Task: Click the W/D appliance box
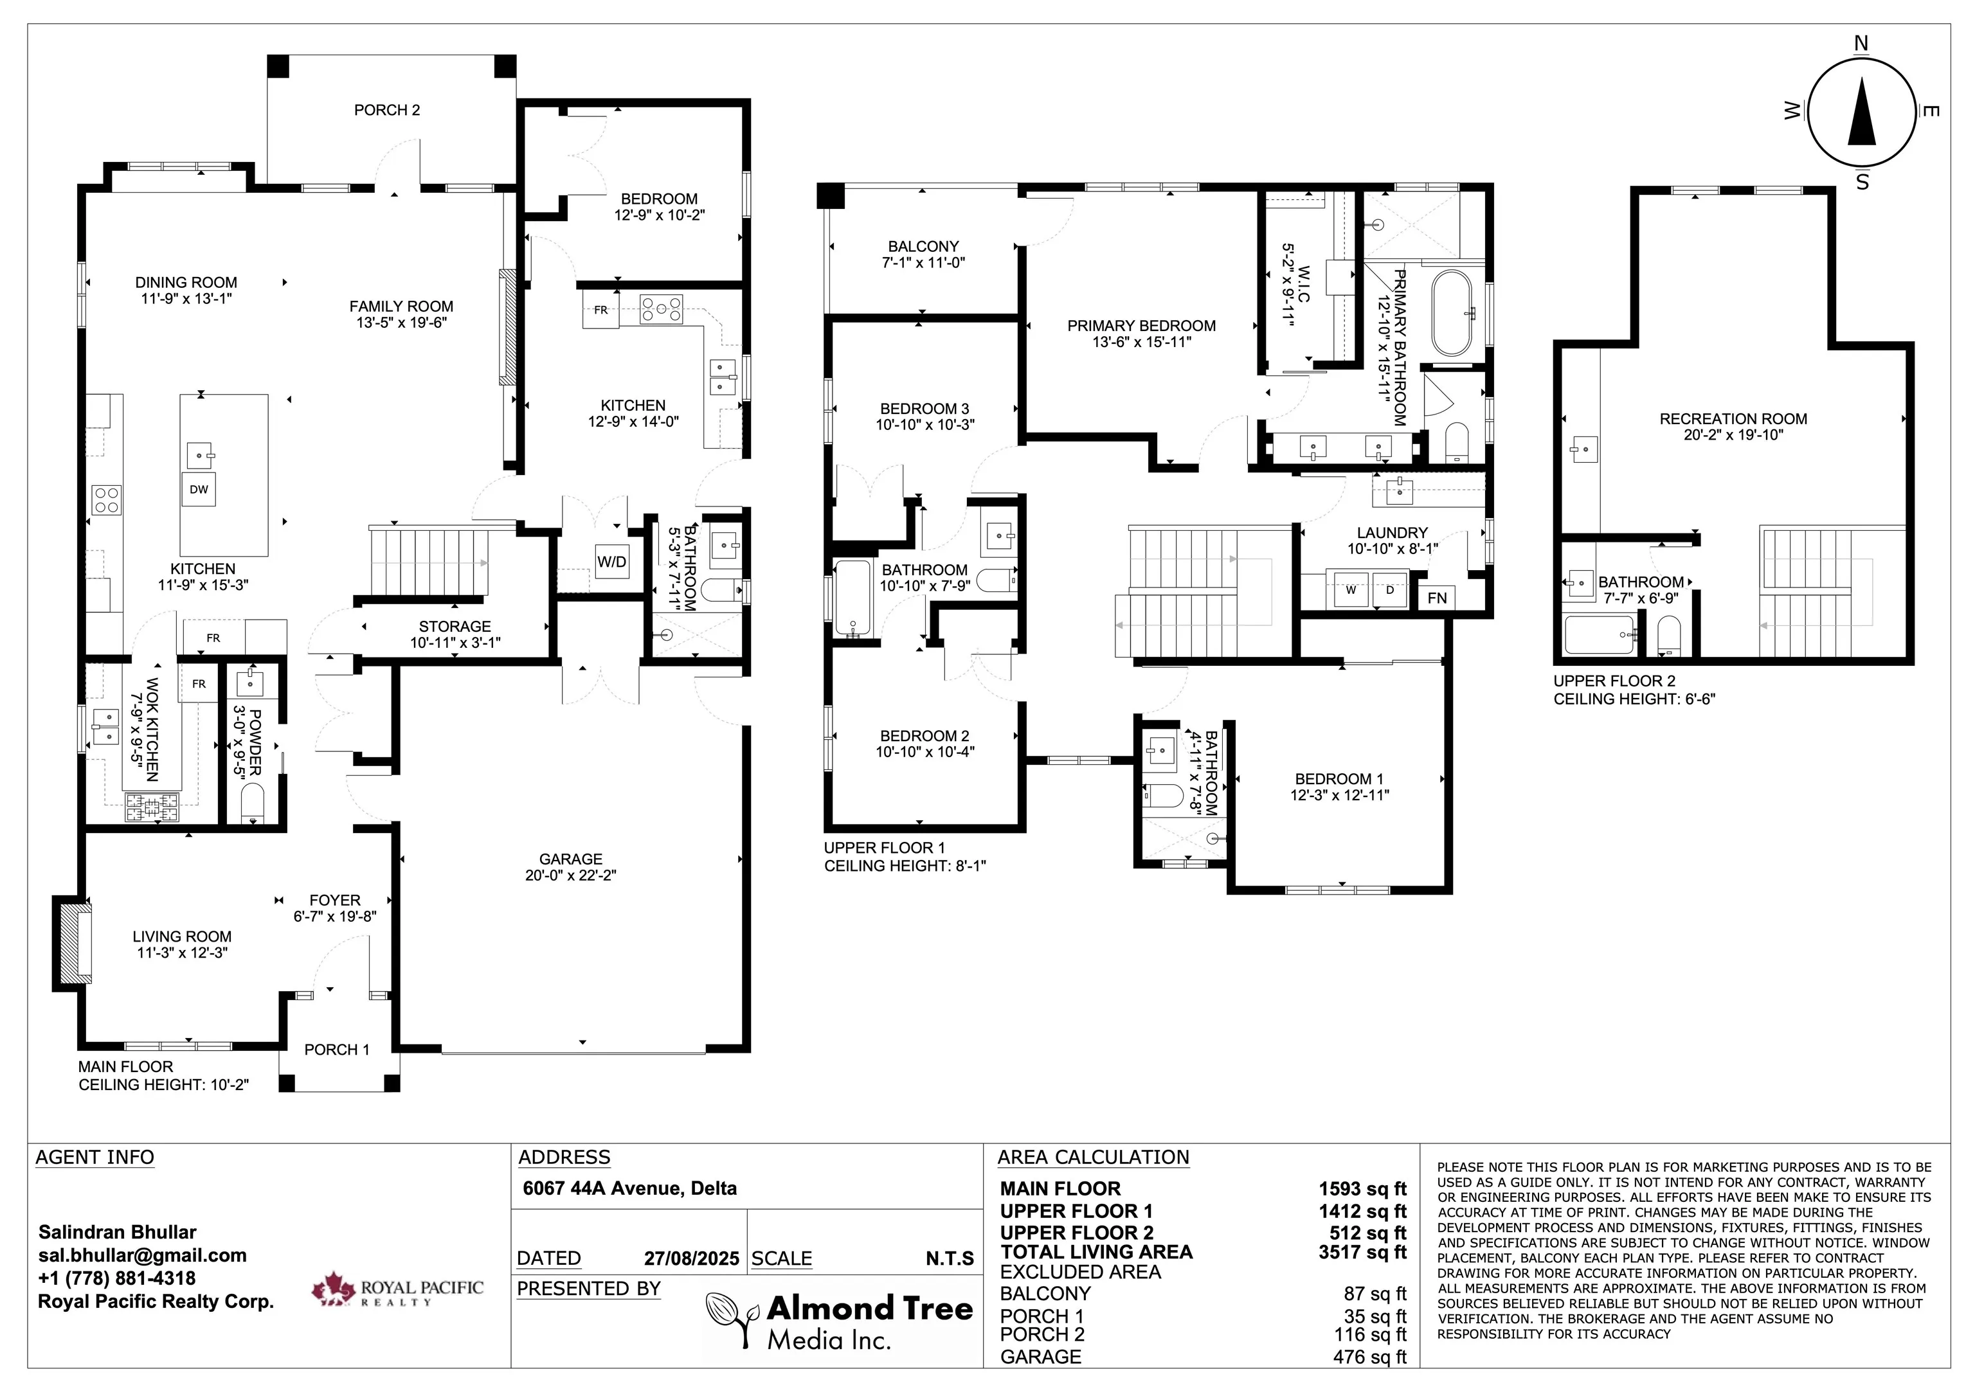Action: pos(611,562)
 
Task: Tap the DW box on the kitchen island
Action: pos(199,489)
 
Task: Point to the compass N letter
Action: pos(1861,44)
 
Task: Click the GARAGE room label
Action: pos(570,859)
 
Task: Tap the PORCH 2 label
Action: pos(387,110)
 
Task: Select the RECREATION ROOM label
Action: pos(1733,419)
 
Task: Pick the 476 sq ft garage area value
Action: pos(1369,1356)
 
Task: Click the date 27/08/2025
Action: pos(692,1258)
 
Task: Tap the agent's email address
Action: pos(142,1255)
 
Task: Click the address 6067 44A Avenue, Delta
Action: pos(629,1188)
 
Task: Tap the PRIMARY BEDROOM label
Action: pos(1141,326)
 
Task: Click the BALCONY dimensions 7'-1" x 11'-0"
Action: pos(923,262)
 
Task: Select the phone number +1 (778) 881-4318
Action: pos(117,1278)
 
